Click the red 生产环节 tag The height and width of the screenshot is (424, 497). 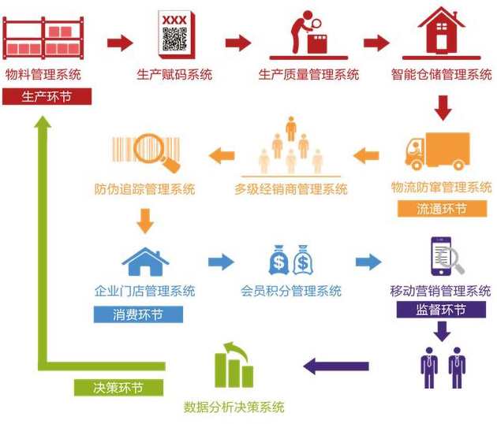(x=47, y=97)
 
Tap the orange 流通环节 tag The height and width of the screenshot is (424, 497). (x=441, y=209)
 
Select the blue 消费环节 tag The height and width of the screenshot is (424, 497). (x=138, y=314)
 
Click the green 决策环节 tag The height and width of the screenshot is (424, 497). (x=118, y=388)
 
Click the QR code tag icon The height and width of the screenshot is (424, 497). (x=174, y=34)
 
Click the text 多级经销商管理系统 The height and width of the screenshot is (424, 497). (x=290, y=189)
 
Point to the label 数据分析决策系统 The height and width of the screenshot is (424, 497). (x=234, y=407)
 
